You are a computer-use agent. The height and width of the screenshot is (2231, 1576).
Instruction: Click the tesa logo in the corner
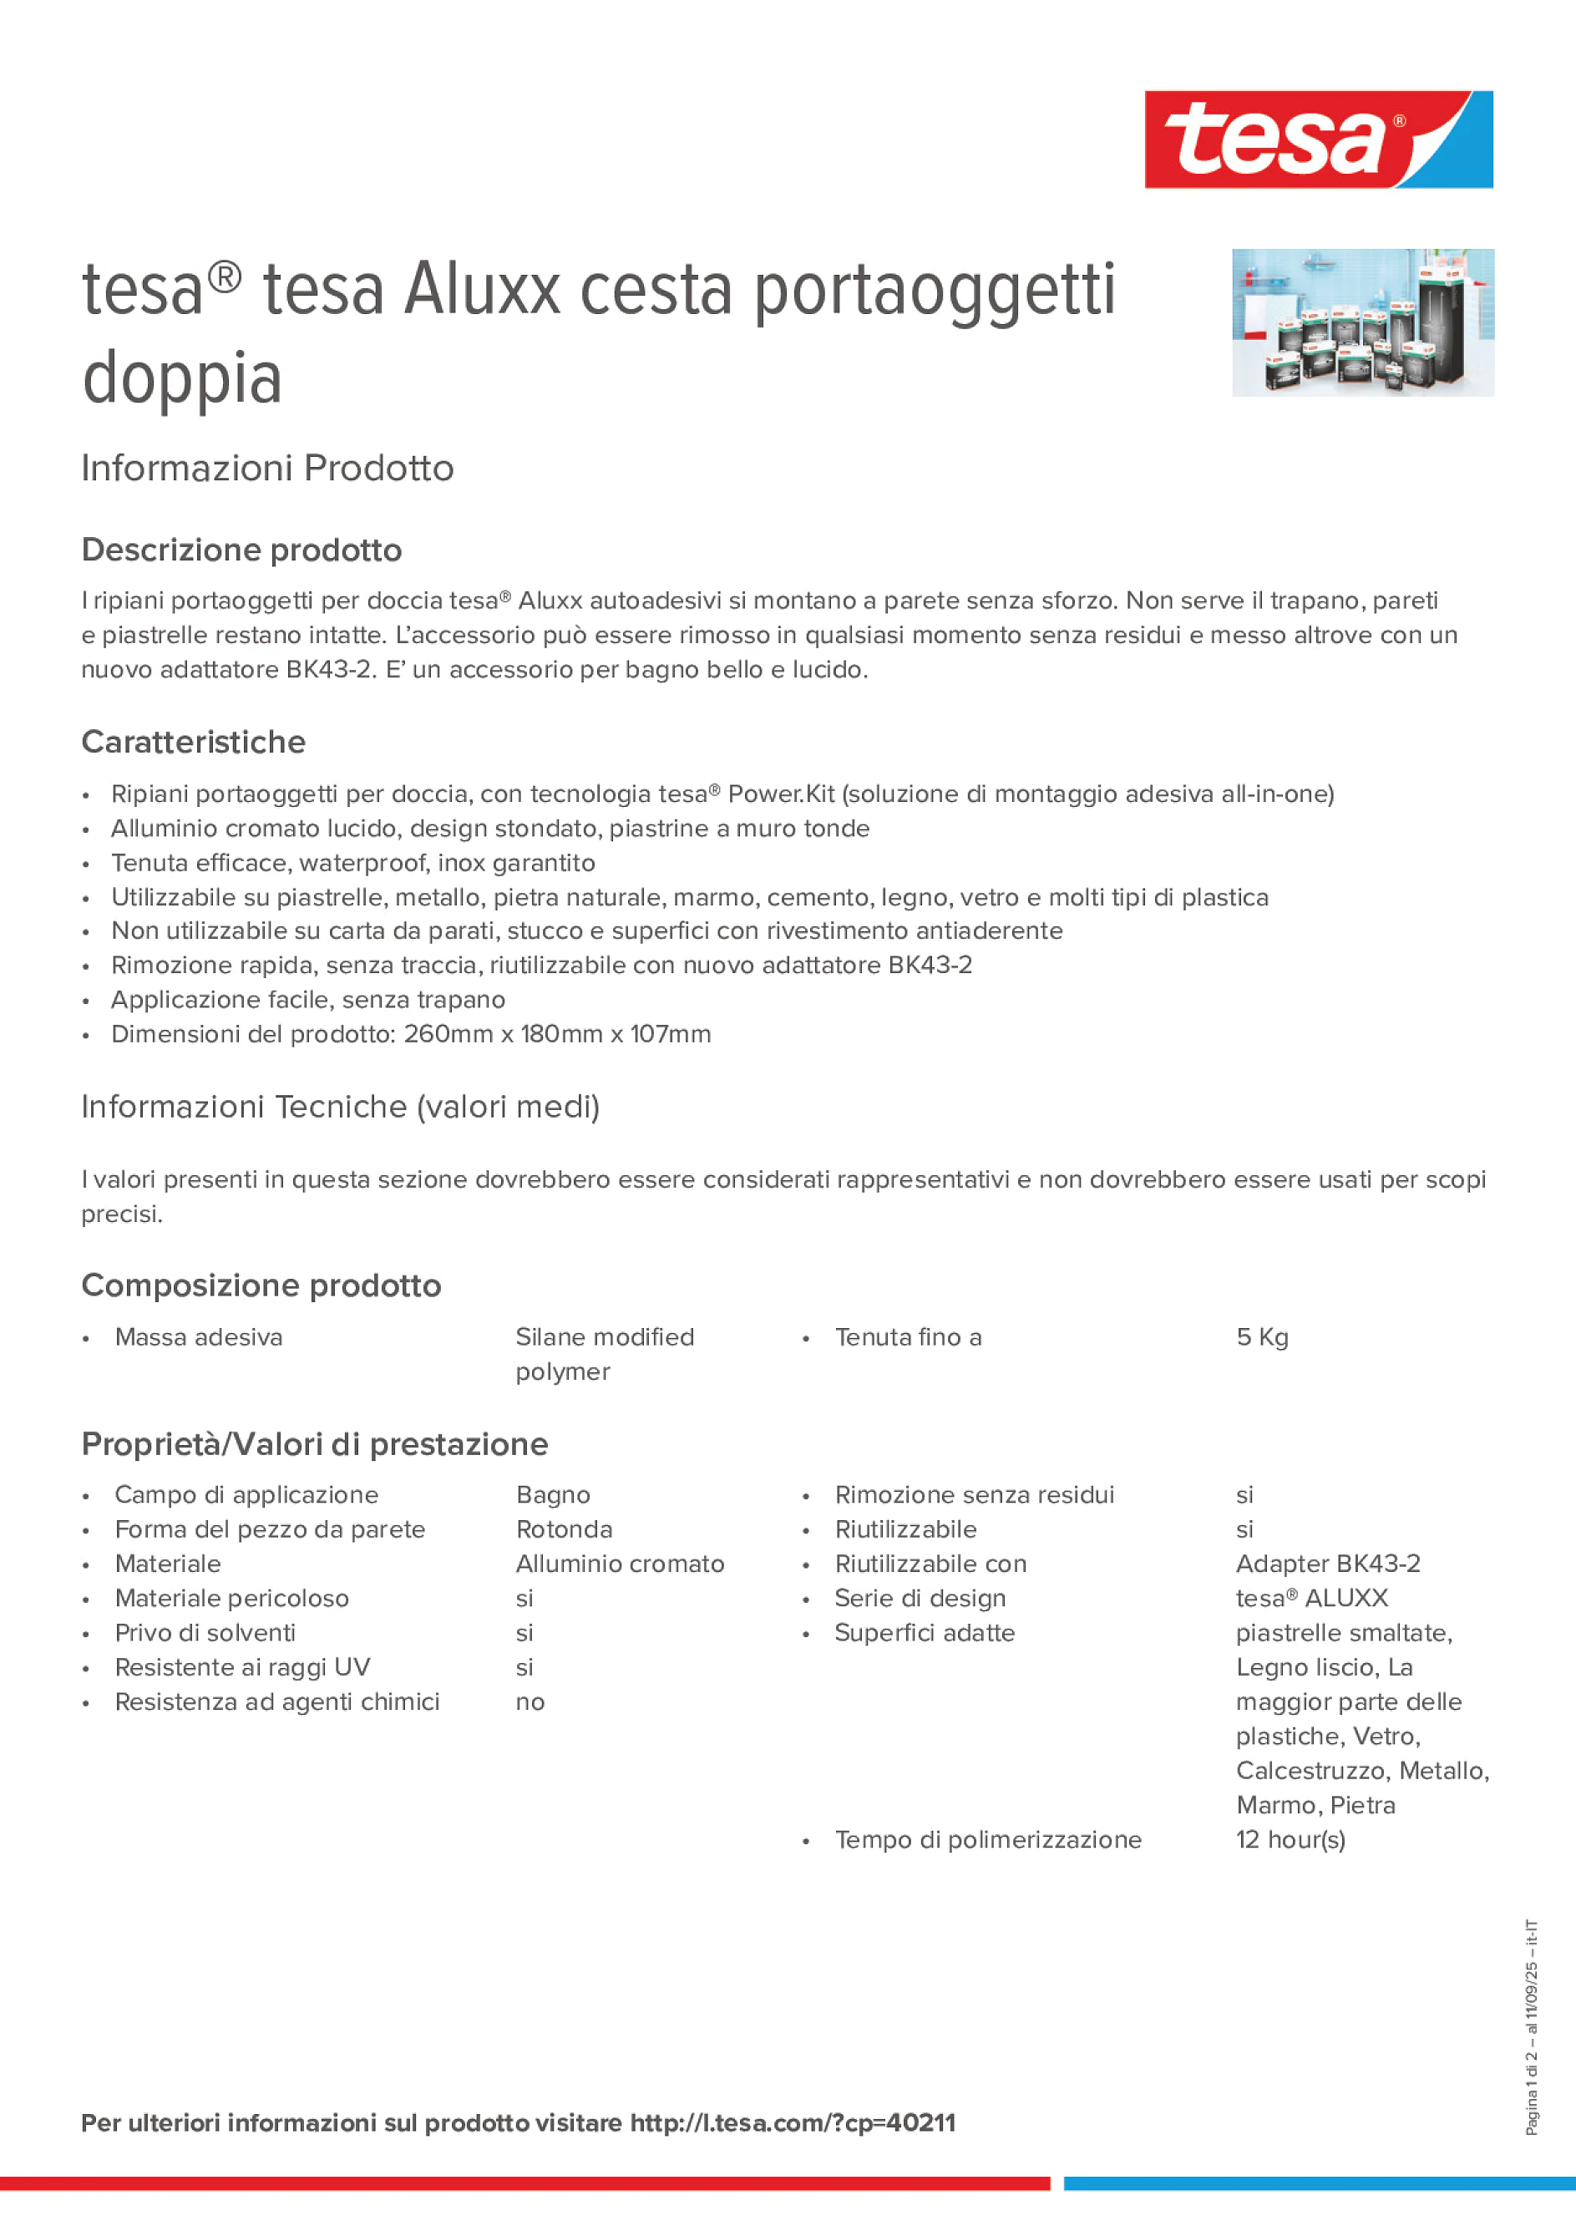(1318, 139)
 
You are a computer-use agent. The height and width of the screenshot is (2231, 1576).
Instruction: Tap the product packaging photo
(1362, 322)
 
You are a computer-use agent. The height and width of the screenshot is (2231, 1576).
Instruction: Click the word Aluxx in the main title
(482, 289)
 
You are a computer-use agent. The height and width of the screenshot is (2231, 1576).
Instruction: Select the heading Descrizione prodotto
(241, 550)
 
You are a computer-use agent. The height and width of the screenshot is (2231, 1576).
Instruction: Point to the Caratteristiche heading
(194, 743)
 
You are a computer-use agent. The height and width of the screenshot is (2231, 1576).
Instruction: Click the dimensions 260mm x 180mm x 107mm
(557, 1034)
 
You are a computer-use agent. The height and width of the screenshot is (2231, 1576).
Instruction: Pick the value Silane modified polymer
(605, 1354)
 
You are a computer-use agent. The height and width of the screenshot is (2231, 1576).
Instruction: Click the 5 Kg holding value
(1261, 1337)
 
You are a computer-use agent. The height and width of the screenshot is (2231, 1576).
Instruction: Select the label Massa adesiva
(198, 1337)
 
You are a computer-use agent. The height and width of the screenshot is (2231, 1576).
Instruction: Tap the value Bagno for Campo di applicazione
(553, 1494)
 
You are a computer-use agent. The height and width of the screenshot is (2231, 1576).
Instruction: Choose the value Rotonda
(564, 1529)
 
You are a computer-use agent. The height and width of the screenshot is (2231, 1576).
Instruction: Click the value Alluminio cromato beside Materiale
(620, 1564)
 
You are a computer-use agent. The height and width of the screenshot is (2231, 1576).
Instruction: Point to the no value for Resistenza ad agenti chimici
(530, 1701)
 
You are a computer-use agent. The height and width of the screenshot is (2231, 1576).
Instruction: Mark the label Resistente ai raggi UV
(242, 1667)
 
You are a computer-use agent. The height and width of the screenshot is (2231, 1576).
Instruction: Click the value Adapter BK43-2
(1327, 1564)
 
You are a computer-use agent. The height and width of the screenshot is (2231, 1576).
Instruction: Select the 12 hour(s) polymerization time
(1290, 1839)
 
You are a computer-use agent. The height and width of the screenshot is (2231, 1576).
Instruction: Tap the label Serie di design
(920, 1599)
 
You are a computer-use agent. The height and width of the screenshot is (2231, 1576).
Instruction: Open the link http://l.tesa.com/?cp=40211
(792, 2122)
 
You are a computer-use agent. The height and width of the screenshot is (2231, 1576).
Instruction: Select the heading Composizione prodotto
(261, 1285)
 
